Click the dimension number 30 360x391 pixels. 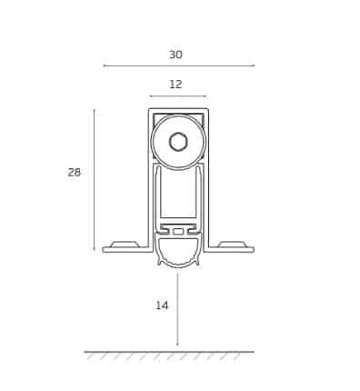tap(175, 55)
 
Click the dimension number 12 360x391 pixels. tap(175, 85)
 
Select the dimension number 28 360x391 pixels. tap(75, 173)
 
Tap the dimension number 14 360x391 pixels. tap(162, 306)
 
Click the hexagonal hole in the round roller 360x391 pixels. tap(178, 142)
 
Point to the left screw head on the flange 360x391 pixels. tap(125, 244)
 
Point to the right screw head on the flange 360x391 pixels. tap(232, 244)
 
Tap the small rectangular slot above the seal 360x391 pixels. tap(178, 231)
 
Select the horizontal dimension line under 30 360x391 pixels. tap(178, 65)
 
